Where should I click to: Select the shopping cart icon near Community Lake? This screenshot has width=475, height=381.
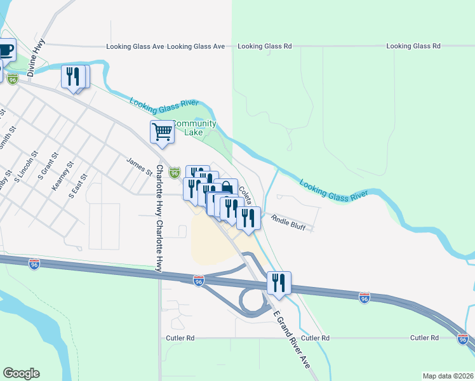tap(162, 131)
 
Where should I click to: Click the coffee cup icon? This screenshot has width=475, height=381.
tap(6, 50)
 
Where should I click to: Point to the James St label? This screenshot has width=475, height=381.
tap(140, 168)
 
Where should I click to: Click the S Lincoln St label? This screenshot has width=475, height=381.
tap(31, 166)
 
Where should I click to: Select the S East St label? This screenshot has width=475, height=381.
tap(77, 185)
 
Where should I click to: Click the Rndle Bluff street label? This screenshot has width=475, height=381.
tap(288, 220)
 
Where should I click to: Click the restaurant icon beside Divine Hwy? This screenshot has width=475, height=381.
tap(72, 77)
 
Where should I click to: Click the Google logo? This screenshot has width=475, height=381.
tap(21, 373)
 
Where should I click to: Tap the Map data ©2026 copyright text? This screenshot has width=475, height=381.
tap(448, 376)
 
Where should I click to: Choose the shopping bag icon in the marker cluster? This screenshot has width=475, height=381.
tap(227, 189)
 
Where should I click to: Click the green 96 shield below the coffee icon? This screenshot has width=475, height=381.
tap(13, 78)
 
